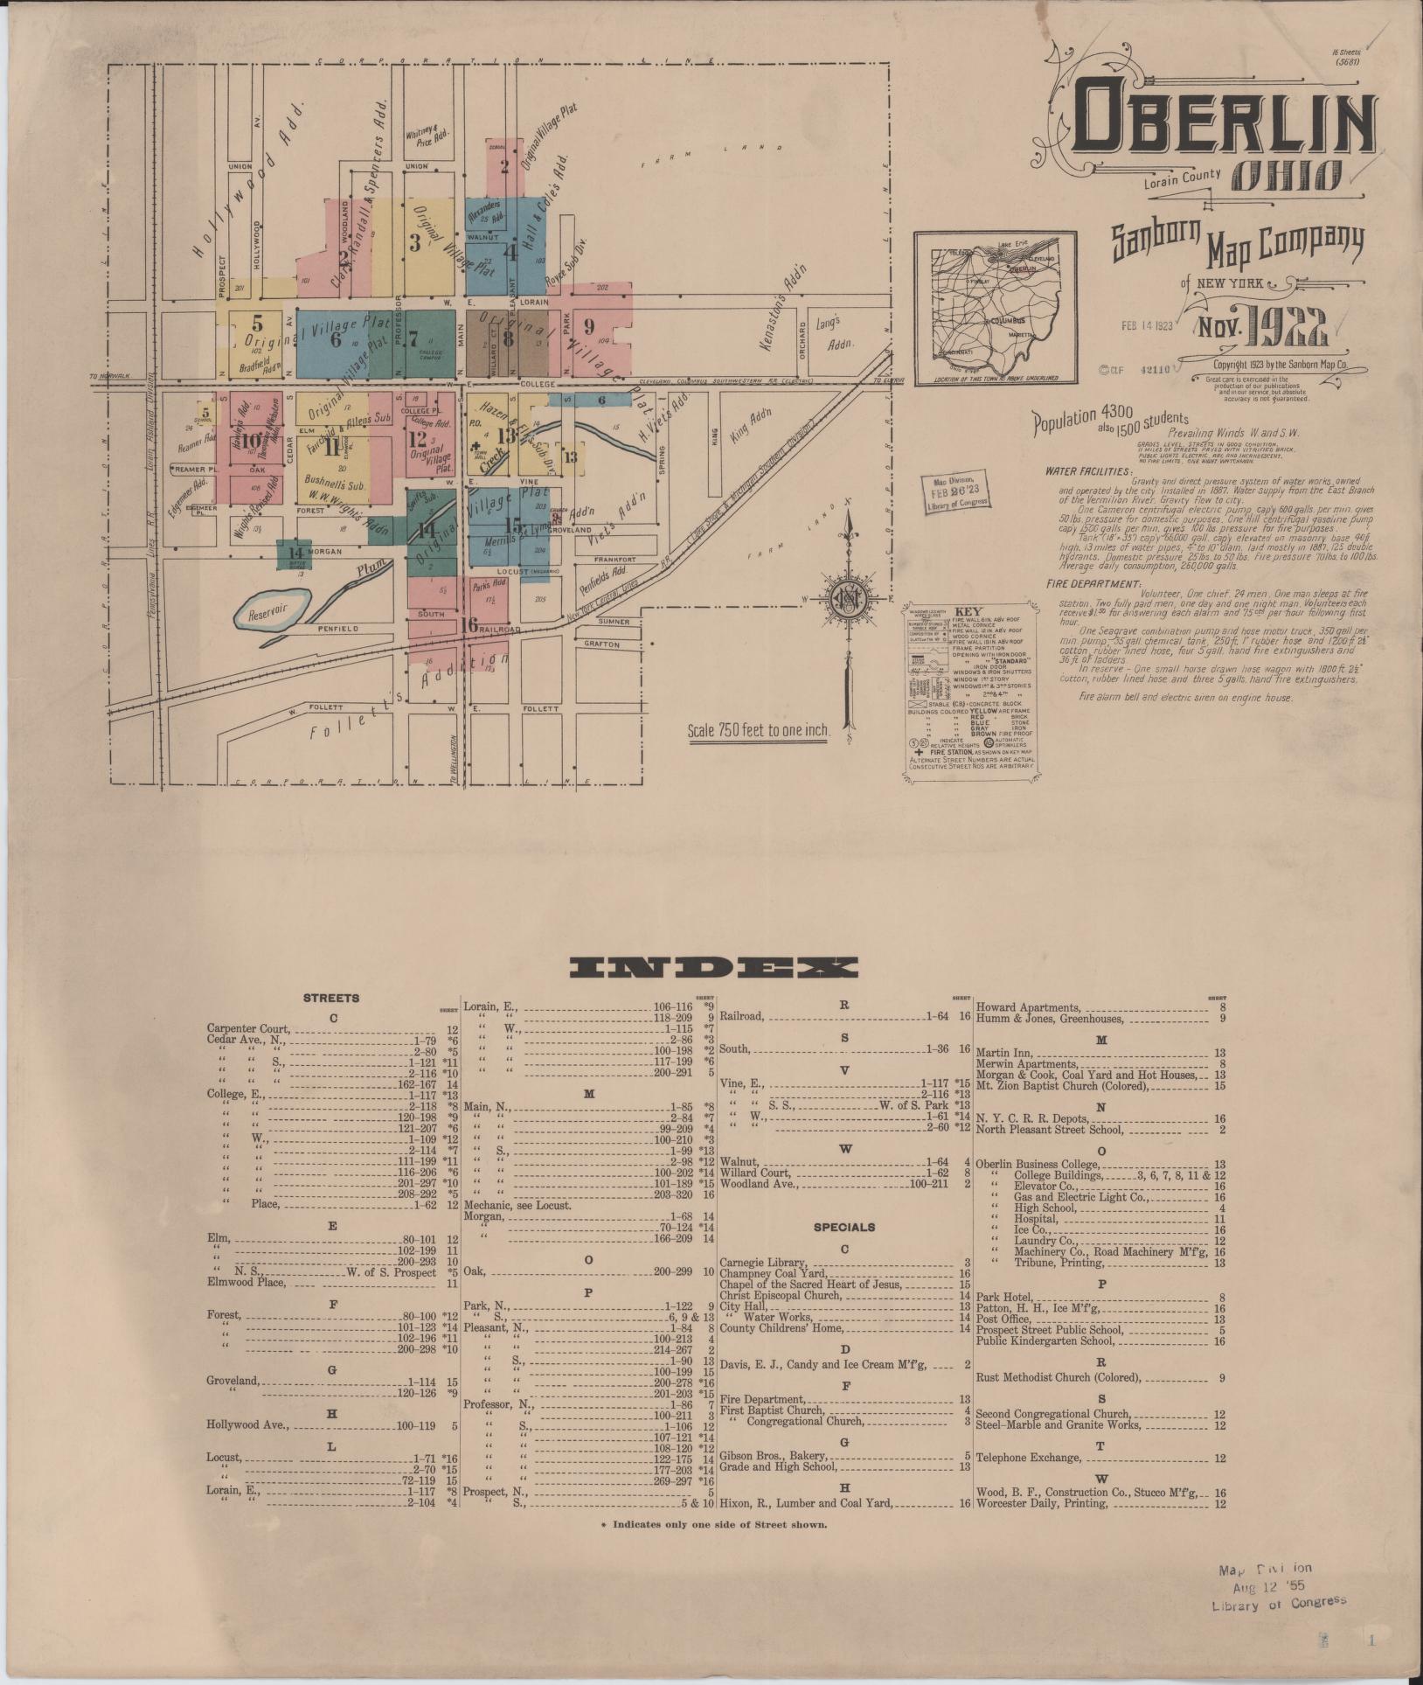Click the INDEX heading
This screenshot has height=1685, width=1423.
712,967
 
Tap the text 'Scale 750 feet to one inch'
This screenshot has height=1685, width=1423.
757,730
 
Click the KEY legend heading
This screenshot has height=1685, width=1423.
968,611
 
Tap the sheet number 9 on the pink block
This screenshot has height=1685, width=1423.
589,327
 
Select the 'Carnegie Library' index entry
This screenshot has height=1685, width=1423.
763,1264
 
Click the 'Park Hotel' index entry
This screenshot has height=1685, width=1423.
1004,1296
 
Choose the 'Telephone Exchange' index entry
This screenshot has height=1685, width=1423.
1027,1458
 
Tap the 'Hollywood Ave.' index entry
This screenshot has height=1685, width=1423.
247,1424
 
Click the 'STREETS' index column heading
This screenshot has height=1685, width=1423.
331,998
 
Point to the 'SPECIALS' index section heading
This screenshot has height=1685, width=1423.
843,1227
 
